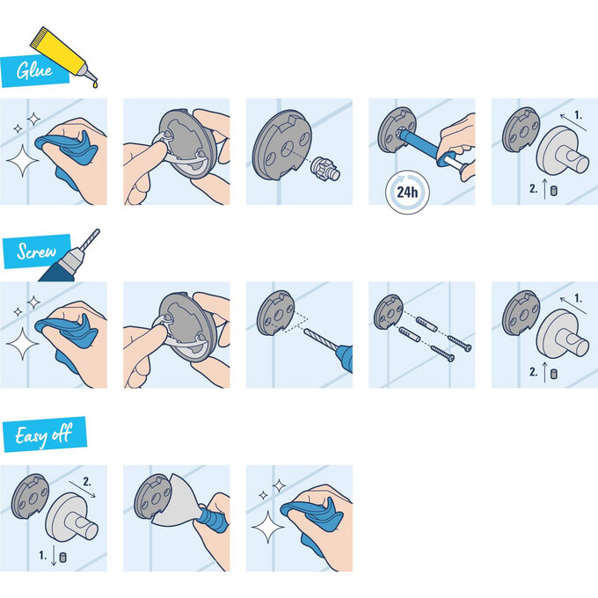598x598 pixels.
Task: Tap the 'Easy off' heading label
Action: click(x=43, y=434)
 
